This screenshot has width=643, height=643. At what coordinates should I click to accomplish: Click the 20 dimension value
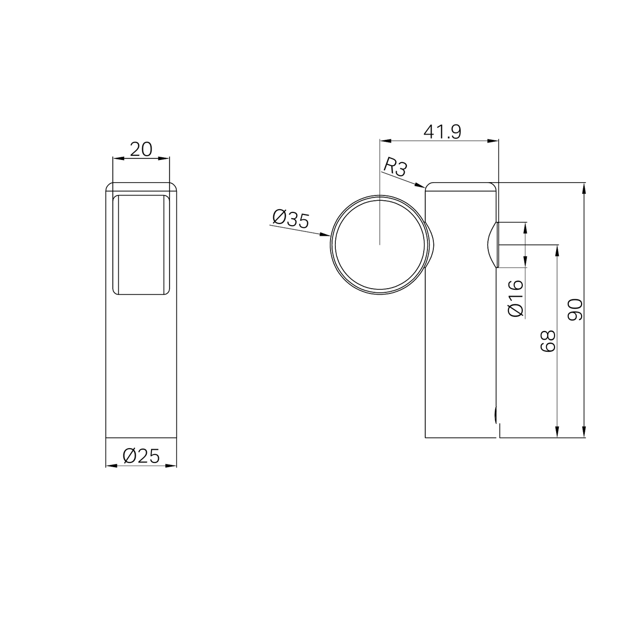[x=141, y=149]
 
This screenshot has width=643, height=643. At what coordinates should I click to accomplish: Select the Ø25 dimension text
[x=141, y=456]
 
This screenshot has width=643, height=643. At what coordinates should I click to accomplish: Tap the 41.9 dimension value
[x=442, y=131]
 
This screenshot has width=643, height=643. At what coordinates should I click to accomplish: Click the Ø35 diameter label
[x=290, y=219]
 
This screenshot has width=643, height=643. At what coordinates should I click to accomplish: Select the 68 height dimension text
[x=548, y=341]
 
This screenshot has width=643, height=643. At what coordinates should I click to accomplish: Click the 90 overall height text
[x=575, y=310]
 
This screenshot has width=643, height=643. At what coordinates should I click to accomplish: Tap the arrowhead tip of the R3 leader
[x=424, y=187]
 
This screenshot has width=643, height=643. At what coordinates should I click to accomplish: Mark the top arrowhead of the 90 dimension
[x=584, y=185]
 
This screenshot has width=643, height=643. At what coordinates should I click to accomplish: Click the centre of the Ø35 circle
[x=380, y=244]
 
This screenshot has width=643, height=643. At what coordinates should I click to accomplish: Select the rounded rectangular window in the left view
[x=141, y=244]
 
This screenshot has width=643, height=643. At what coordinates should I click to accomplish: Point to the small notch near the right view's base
[x=496, y=415]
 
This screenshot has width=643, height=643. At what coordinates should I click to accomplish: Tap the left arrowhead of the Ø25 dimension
[x=109, y=466]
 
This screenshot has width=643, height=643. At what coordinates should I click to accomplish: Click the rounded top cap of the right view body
[x=461, y=186]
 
